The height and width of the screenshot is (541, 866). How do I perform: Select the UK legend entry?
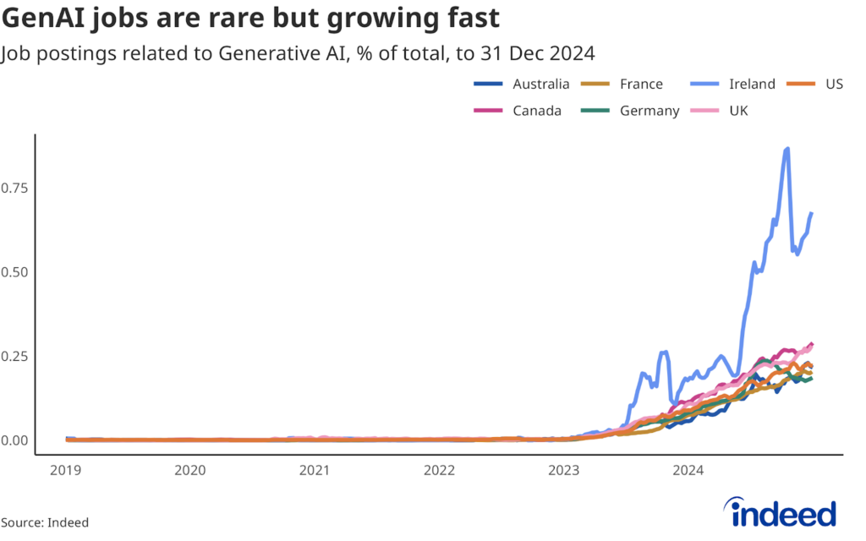tap(737, 111)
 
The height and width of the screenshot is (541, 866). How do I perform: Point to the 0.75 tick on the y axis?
tap(14, 188)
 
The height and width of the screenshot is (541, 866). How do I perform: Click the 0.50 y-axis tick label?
tap(14, 272)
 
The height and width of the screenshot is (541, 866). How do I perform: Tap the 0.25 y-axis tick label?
tap(14, 356)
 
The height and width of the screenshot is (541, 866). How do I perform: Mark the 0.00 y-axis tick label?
tap(14, 440)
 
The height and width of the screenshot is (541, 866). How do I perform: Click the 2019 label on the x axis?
tap(65, 470)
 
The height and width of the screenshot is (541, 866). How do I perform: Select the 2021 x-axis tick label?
tap(315, 470)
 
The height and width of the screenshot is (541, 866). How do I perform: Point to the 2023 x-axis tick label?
tap(564, 470)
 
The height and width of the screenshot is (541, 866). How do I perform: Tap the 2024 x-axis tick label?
tap(689, 470)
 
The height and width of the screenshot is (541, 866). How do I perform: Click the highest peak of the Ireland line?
tap(788, 149)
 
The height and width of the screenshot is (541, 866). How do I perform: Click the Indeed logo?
tap(781, 512)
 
